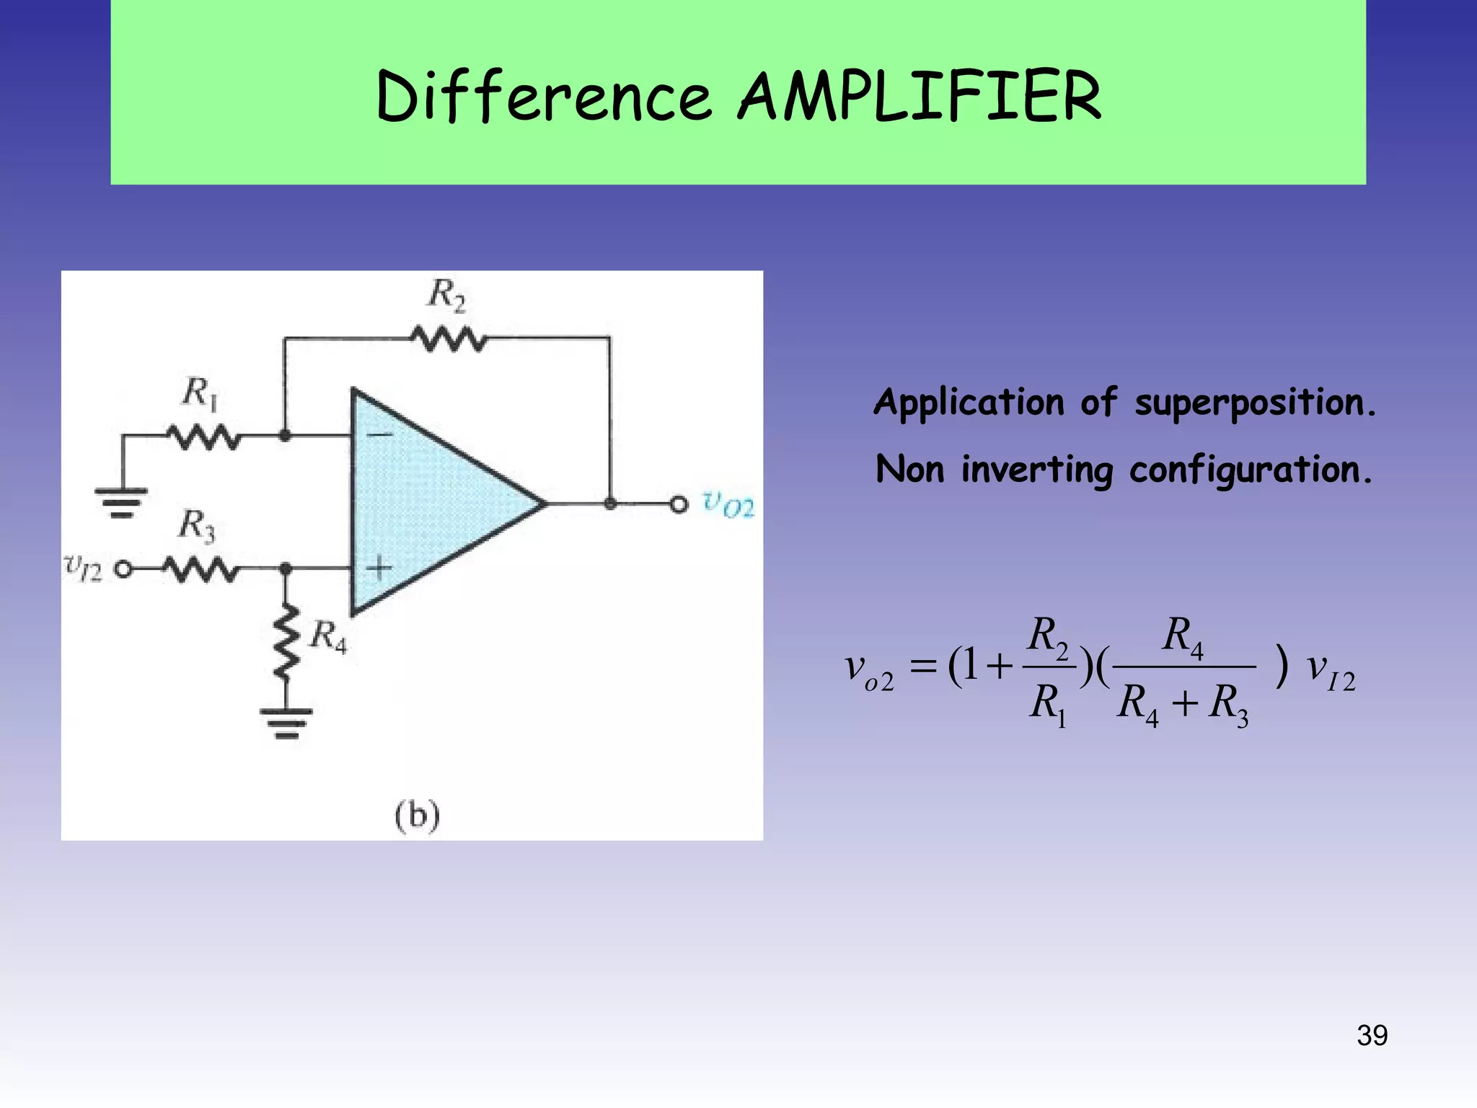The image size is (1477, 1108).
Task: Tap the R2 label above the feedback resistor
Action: coord(447,295)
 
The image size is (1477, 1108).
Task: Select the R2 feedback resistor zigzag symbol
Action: coord(449,339)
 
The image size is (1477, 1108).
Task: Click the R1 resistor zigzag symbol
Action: coord(204,436)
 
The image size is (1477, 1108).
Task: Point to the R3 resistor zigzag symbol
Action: coord(200,570)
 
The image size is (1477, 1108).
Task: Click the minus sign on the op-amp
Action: coord(380,434)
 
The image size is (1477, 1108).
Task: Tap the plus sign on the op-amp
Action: coord(379,568)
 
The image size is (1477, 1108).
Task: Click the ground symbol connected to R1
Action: coord(122,502)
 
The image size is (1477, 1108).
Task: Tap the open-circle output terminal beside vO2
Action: coord(679,504)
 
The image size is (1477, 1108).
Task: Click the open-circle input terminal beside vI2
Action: coord(124,570)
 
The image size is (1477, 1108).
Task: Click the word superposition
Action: coord(1255,403)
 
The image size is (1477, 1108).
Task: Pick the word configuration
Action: coord(1251,470)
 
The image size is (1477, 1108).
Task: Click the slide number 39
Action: coord(1372,1035)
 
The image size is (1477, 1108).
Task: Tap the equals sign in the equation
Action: coord(922,667)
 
